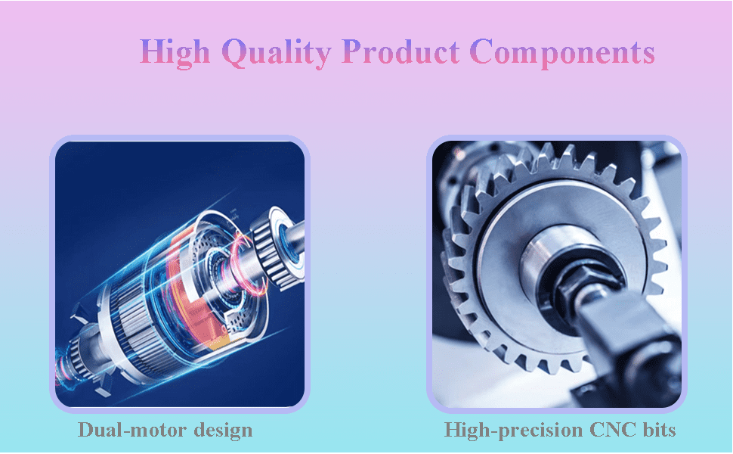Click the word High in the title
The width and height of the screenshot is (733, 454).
click(x=175, y=52)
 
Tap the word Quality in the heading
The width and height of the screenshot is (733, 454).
click(x=277, y=52)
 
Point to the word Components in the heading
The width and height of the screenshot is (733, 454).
click(x=562, y=53)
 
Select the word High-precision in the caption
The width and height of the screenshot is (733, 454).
click(x=512, y=430)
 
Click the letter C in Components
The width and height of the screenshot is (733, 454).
click(x=482, y=51)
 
